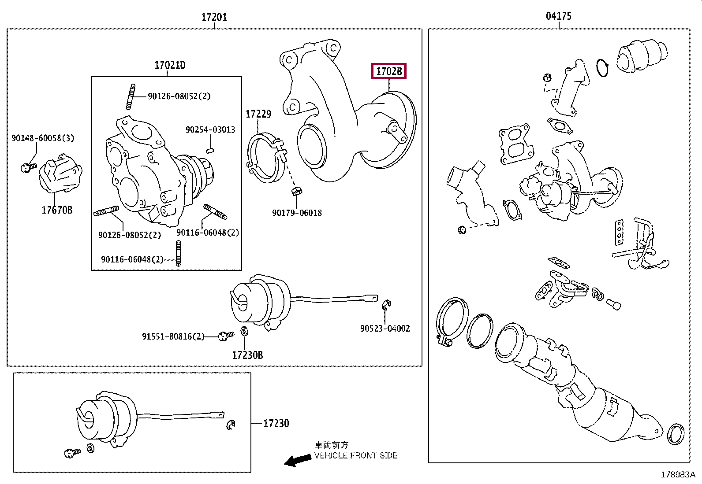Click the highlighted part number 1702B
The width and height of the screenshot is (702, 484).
point(388,71)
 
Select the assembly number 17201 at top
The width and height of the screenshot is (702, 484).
point(214,17)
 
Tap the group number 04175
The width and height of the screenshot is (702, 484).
point(558,16)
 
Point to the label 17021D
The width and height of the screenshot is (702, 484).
point(170,65)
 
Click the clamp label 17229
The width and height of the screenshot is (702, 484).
point(258,114)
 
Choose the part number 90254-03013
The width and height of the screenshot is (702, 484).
point(210,129)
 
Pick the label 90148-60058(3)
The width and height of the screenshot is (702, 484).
point(43,138)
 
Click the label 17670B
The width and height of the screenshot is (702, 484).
point(57,210)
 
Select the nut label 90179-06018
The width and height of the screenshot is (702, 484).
point(297,213)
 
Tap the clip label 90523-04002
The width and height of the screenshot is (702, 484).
point(385,329)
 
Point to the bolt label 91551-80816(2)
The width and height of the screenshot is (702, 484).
point(173,336)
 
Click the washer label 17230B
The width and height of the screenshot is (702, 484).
point(247,355)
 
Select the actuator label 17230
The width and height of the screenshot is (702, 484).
point(276,423)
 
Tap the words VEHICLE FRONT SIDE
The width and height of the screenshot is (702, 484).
point(356,455)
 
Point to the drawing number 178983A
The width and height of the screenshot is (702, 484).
point(678,475)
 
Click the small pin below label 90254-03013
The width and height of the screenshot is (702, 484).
point(210,151)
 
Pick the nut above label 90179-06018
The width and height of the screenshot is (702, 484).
point(296,191)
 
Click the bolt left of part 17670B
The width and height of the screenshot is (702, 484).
point(29,167)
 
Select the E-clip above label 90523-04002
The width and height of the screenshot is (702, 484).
point(386,305)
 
